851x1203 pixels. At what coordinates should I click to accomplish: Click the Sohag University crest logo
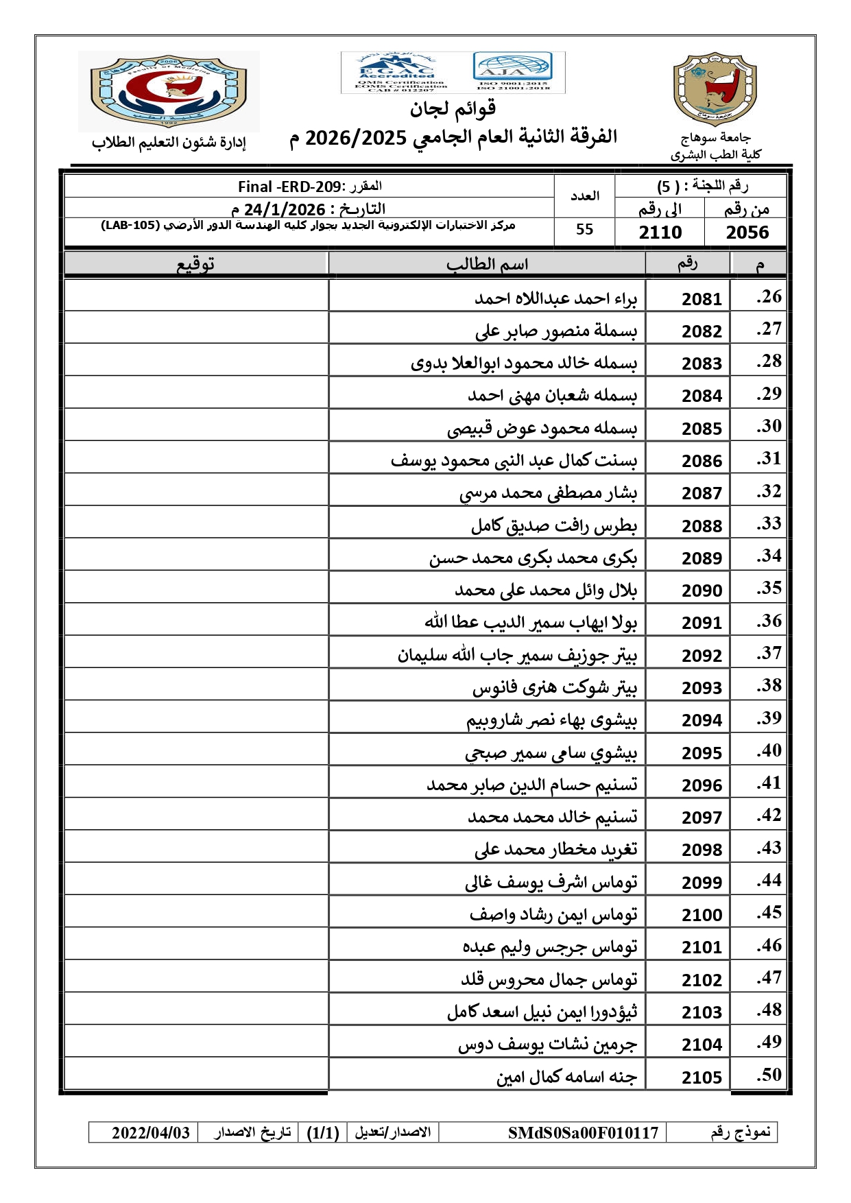click(x=715, y=89)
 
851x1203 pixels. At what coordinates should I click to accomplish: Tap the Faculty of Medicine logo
click(x=169, y=91)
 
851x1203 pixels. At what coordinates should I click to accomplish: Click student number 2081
click(x=702, y=299)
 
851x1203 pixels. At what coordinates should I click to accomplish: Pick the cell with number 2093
click(x=702, y=688)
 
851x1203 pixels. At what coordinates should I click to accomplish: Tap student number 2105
click(x=702, y=1077)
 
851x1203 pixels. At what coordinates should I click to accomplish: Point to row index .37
click(x=769, y=654)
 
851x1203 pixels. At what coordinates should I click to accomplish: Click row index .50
click(x=769, y=1075)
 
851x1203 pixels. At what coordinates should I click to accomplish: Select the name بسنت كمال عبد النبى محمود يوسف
click(x=514, y=460)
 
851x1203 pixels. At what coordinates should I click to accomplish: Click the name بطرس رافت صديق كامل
click(x=553, y=526)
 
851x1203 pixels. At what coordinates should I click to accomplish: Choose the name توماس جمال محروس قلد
click(x=549, y=979)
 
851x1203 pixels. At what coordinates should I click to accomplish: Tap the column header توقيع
click(x=196, y=264)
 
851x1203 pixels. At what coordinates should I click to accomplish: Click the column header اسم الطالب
click(x=487, y=264)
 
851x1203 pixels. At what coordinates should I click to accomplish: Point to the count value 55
click(x=584, y=230)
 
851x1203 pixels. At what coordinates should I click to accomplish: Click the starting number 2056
click(x=747, y=233)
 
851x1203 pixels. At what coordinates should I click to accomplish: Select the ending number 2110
click(x=660, y=233)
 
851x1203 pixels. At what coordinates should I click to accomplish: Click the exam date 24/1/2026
click(x=285, y=209)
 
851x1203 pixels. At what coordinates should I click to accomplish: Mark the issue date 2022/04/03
click(x=151, y=1132)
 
